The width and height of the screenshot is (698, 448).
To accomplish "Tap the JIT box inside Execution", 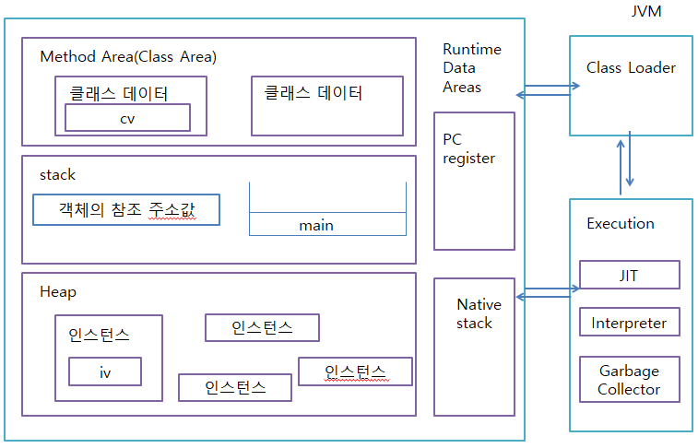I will coord(629,275).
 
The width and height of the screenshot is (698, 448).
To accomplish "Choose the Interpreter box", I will coord(629,323).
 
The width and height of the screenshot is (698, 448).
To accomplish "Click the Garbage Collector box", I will coord(629,380).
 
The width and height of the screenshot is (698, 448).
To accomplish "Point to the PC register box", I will coord(474,181).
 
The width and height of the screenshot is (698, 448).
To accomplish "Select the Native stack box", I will coord(474,345).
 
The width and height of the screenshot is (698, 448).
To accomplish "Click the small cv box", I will coord(127,118).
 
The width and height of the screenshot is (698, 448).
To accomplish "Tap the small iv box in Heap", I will coord(105,372).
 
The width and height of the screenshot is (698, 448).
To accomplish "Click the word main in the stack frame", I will coord(316,225).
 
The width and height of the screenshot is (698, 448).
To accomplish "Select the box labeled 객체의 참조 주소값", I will coord(126,210).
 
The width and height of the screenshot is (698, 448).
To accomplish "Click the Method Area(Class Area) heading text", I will coord(128,57).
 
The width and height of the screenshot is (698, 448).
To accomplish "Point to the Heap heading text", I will coord(58,291).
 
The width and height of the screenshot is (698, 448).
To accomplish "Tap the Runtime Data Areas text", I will coord(472,68).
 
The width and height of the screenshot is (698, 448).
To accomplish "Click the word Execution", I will coord(621,223).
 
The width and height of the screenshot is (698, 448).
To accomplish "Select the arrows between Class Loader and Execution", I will coord(630,163).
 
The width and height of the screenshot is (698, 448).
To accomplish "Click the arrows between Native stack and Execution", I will coord(547,296).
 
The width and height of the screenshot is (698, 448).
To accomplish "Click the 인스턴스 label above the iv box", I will coord(99,336).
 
